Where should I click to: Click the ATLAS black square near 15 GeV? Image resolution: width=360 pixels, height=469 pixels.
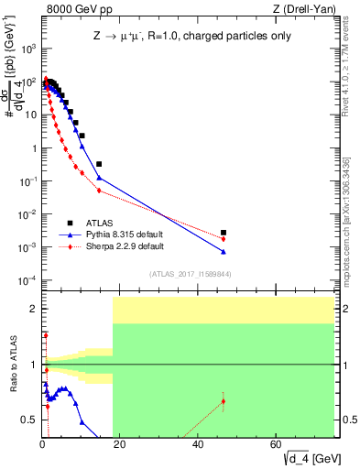click(x=99, y=164)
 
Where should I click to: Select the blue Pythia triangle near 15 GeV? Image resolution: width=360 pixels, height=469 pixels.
click(x=99, y=178)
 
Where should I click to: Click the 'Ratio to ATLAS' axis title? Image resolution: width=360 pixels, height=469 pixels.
click(x=13, y=365)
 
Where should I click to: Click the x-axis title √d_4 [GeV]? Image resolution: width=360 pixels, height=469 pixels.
click(x=310, y=457)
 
